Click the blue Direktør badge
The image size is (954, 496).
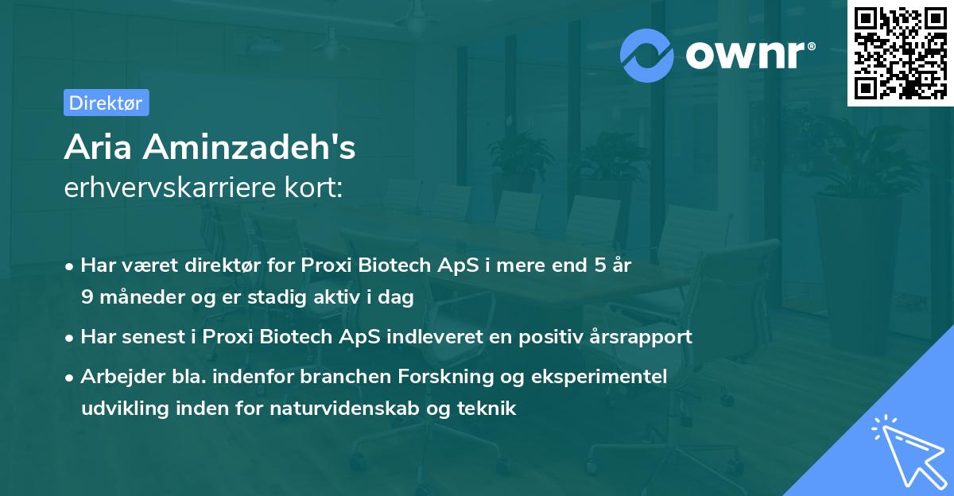[x=106, y=103]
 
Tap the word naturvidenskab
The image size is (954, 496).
[x=361, y=409]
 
